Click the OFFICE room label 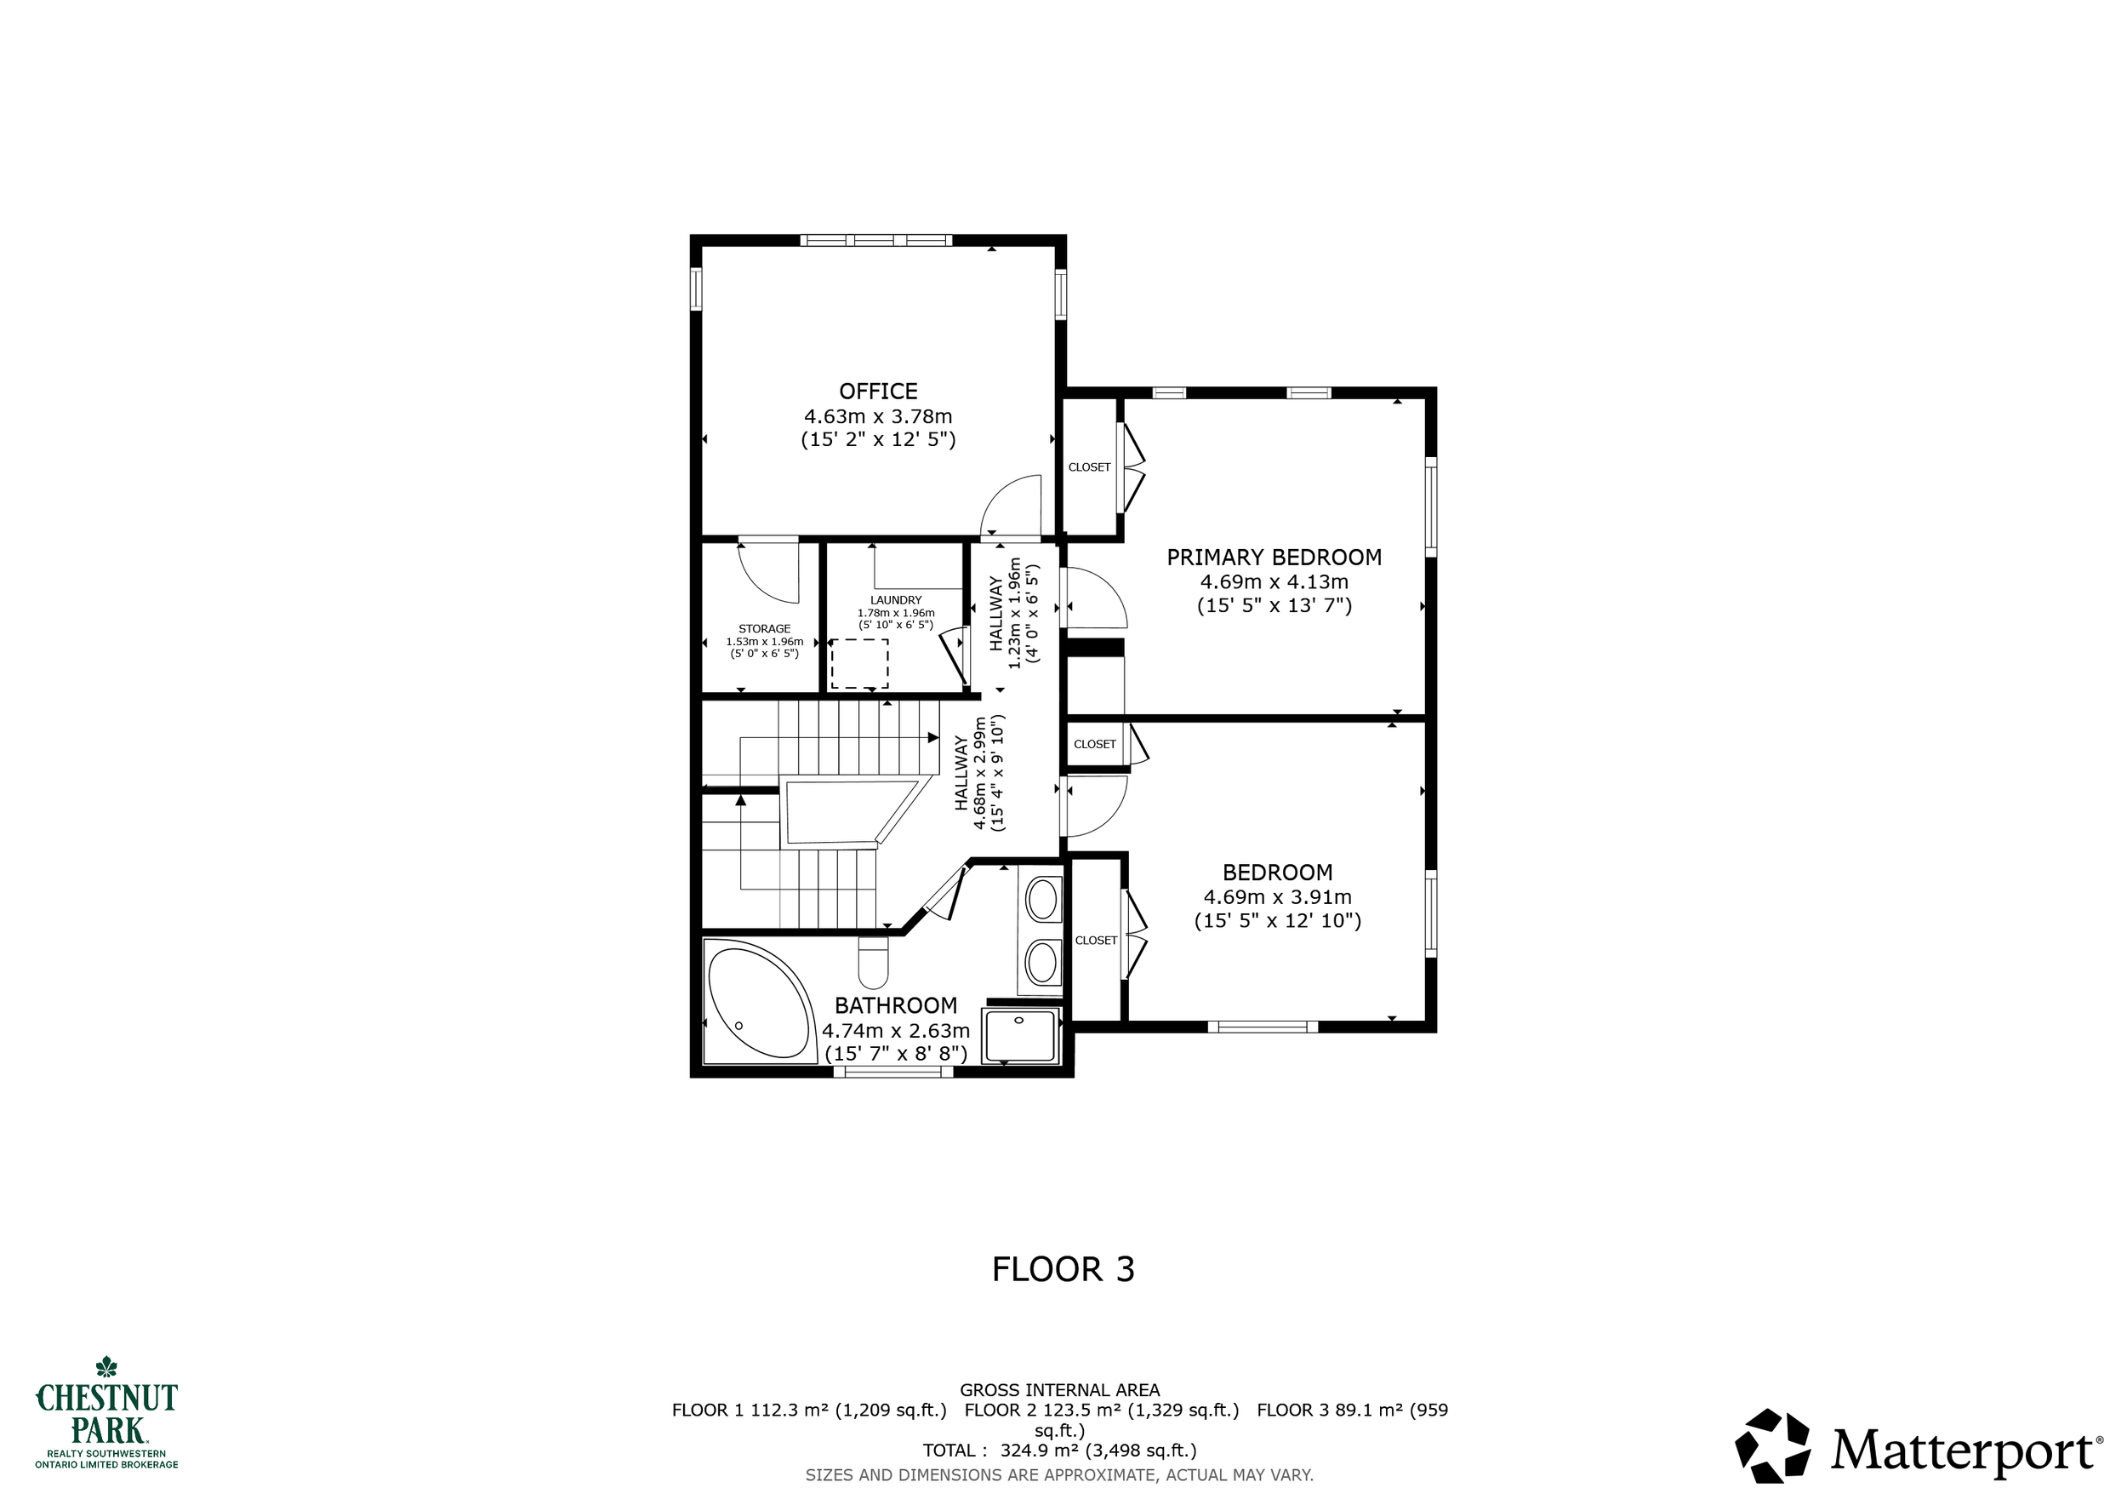click(878, 391)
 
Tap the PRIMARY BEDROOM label click(1274, 557)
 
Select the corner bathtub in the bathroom click(758, 1002)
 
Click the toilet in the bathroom click(873, 963)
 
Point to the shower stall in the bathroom click(1020, 1036)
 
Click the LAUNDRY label click(896, 599)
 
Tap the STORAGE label click(764, 628)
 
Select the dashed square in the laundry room click(858, 663)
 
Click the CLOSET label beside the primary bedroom click(1088, 467)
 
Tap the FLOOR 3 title click(1063, 1268)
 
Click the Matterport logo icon click(1772, 1446)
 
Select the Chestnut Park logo click(106, 1412)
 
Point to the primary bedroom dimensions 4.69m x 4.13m click(1274, 582)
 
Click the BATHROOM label click(896, 1005)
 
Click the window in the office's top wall click(876, 240)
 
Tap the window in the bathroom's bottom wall click(893, 1072)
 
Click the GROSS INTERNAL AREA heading click(1060, 1390)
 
